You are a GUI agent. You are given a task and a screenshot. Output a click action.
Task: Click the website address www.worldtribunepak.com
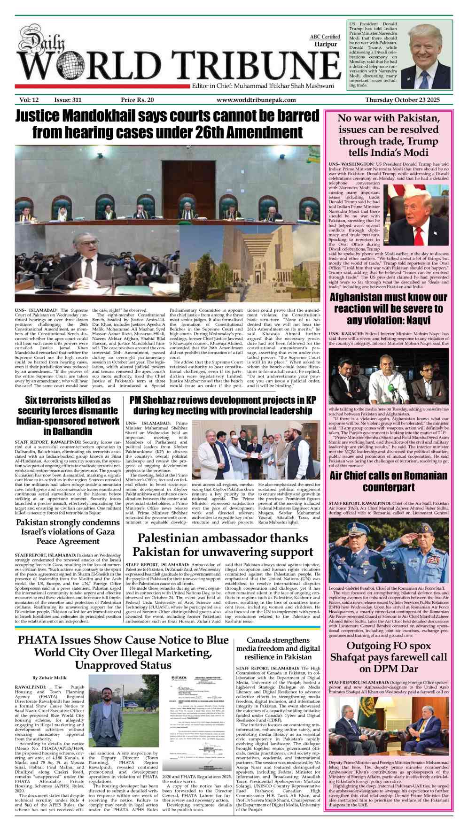[x=256, y=100]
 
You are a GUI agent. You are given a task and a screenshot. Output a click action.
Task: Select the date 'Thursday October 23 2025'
[x=402, y=100]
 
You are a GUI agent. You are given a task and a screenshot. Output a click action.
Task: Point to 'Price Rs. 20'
[x=137, y=100]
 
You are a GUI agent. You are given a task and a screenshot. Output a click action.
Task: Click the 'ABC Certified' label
[x=325, y=37]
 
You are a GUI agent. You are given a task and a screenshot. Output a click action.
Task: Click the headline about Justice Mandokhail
[x=167, y=124]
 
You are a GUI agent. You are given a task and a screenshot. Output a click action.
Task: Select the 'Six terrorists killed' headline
[x=68, y=415]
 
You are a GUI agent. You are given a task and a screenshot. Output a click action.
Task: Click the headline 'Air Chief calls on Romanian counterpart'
[x=389, y=481]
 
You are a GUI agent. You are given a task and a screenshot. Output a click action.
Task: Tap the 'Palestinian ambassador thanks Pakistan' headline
[x=223, y=545]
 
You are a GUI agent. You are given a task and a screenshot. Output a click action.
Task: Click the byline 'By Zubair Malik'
[x=49, y=678]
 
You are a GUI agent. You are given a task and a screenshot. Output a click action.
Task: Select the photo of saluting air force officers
[x=389, y=550]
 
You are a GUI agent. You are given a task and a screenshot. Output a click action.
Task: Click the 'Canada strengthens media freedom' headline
[x=278, y=648]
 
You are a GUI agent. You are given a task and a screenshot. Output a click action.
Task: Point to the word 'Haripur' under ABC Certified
[x=326, y=44]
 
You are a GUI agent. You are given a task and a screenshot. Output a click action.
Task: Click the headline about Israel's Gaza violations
[x=68, y=531]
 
